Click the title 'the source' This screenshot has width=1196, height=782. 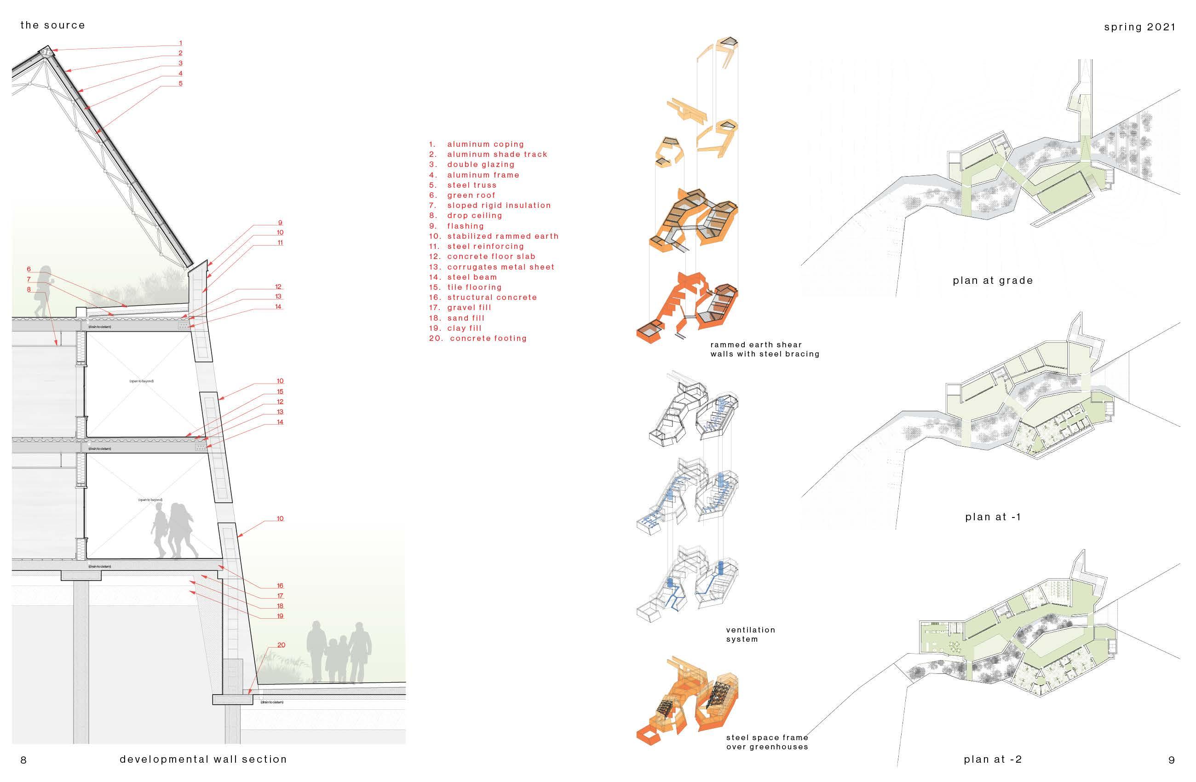point(52,25)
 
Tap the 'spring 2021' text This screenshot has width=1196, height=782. point(1139,27)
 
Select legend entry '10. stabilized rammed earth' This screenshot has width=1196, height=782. point(494,236)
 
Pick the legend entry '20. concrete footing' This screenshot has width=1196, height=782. point(477,338)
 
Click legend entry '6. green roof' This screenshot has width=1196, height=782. point(462,195)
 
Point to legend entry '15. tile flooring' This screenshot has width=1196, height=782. point(465,287)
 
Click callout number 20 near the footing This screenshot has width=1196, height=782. point(281,645)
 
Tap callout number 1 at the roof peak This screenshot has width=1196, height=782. point(180,43)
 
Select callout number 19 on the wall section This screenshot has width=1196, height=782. point(280,615)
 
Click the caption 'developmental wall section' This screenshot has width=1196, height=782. point(203,759)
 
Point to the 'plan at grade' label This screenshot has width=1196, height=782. point(993,281)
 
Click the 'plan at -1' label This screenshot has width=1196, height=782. point(993,517)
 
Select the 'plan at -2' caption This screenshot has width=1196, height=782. point(993,759)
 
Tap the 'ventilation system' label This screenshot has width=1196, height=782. point(750,634)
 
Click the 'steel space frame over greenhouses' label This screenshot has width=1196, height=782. point(767,742)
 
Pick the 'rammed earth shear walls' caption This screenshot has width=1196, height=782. point(765,349)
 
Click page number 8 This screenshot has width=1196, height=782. point(23,760)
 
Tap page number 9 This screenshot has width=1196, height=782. point(1171,760)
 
